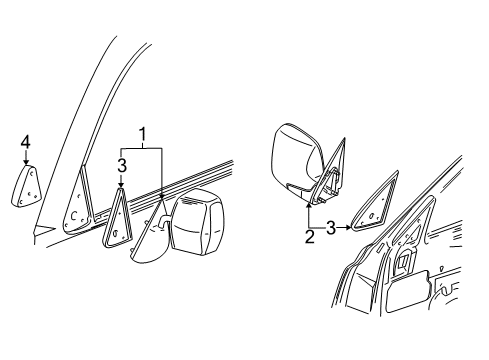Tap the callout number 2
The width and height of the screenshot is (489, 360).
tap(310, 236)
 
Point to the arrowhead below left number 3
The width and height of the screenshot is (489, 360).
tap(121, 186)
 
